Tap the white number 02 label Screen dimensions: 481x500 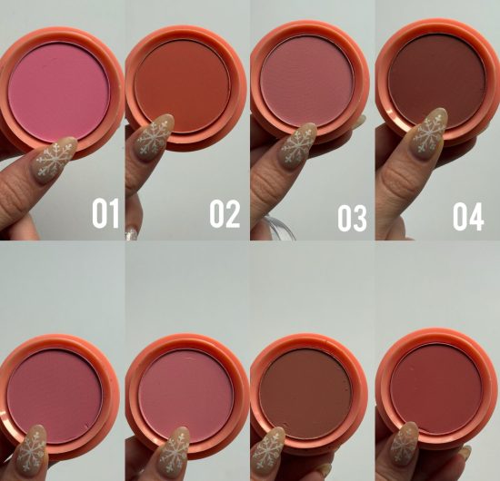coord(225,214)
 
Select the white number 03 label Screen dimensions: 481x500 coord(351,218)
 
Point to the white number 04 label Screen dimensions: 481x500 coord(469,218)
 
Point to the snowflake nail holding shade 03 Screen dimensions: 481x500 coord(298,145)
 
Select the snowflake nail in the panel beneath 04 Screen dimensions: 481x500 coord(405,445)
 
